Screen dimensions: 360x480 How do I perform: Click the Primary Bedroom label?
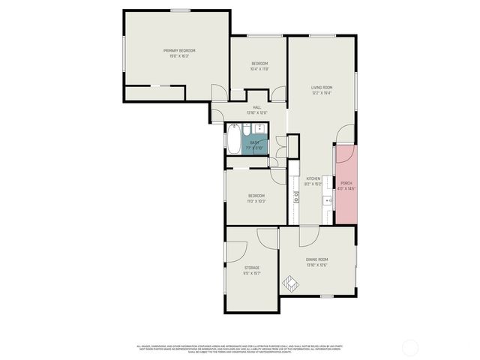click(x=176, y=51)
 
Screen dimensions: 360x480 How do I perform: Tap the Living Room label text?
click(x=322, y=88)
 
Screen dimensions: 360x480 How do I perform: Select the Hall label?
click(x=256, y=108)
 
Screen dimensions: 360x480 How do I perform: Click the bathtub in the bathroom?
click(x=233, y=139)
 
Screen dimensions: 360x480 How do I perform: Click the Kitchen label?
click(x=313, y=178)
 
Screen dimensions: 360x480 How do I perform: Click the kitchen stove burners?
click(x=296, y=197)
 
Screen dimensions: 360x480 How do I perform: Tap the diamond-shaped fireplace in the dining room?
click(x=289, y=284)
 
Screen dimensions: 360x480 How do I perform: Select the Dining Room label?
click(x=316, y=259)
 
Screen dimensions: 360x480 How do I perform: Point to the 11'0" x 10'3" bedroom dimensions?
click(x=256, y=201)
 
